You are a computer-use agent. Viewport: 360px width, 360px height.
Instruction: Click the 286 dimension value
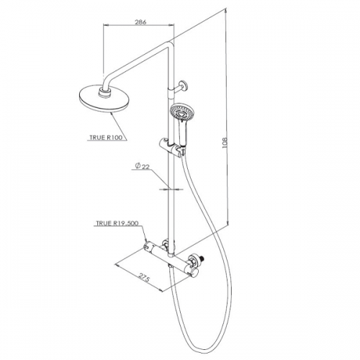(140, 22)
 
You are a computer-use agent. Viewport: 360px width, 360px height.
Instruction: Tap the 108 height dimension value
(225, 143)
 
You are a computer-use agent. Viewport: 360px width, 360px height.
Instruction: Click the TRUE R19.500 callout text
(117, 223)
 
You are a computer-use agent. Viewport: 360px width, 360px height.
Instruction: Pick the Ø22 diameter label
(142, 166)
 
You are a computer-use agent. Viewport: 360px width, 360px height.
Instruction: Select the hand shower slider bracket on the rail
(172, 146)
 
